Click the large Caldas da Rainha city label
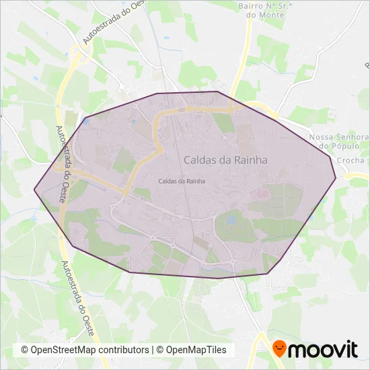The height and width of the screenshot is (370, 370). [225, 160]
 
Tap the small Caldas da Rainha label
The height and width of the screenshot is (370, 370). [182, 181]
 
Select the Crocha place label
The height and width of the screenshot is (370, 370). [350, 161]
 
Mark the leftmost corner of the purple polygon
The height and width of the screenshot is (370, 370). [34, 189]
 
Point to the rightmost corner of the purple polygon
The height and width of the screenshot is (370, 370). [335, 179]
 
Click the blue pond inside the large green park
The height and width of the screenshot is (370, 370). [231, 219]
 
